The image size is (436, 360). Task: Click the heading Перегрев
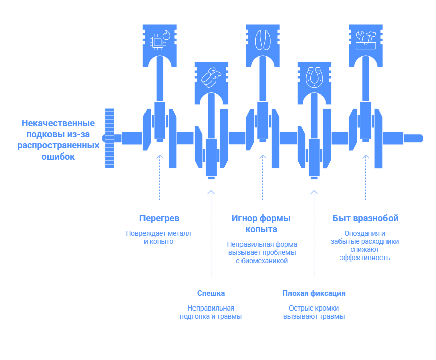(159, 218)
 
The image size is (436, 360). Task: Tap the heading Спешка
(211, 293)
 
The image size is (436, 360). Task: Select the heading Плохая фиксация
(314, 293)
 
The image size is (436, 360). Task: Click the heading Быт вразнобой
(365, 218)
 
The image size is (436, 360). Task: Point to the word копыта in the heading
(261, 229)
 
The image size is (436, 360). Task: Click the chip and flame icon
(160, 40)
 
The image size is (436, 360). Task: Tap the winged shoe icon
(211, 77)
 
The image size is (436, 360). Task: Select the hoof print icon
(263, 40)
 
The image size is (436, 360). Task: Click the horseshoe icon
(314, 77)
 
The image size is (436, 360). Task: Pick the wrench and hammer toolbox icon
(366, 40)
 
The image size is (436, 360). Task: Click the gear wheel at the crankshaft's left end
(109, 138)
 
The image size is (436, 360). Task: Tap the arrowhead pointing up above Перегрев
(159, 157)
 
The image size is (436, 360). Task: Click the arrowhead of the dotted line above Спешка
(211, 192)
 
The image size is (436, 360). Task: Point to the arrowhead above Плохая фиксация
(314, 192)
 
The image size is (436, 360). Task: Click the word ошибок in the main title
(58, 157)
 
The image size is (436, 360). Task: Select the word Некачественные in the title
(59, 123)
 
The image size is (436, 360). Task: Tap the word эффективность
(365, 258)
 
